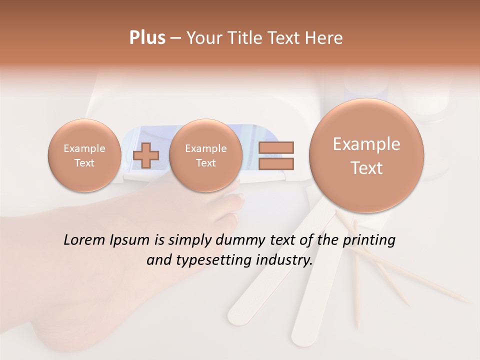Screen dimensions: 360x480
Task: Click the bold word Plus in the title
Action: click(x=147, y=38)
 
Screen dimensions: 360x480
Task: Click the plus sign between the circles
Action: click(x=145, y=155)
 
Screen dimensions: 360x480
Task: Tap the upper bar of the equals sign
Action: click(x=276, y=148)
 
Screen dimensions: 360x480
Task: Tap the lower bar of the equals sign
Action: click(x=276, y=163)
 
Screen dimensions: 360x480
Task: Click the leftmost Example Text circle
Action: click(x=84, y=155)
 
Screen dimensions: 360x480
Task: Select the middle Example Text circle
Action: click(x=205, y=155)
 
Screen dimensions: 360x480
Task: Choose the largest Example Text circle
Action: click(x=366, y=155)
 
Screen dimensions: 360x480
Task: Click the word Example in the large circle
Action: click(x=366, y=144)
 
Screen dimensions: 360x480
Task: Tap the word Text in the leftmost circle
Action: click(x=84, y=163)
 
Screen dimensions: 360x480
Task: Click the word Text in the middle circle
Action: click(x=205, y=163)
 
